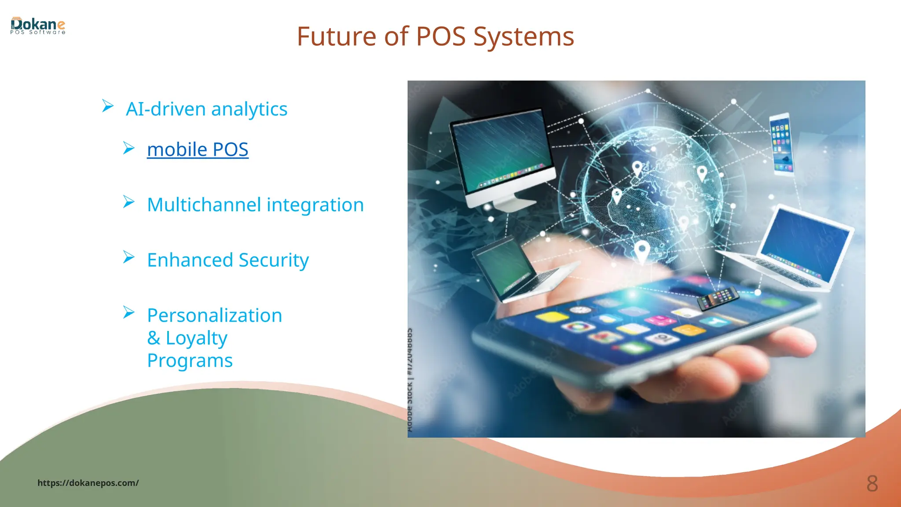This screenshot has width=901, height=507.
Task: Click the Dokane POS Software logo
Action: click(38, 26)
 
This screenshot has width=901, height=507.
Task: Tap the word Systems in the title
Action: click(523, 37)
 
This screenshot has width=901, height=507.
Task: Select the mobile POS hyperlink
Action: click(198, 150)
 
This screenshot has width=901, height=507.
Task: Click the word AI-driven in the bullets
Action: click(166, 109)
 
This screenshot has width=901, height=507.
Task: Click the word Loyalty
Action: click(196, 338)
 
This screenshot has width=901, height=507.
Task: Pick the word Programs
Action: click(190, 360)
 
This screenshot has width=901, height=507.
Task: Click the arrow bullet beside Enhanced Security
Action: click(128, 257)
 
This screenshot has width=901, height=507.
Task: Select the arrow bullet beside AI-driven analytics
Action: click(107, 106)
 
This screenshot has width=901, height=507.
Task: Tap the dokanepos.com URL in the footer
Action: click(88, 483)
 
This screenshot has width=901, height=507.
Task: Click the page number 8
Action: click(872, 484)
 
